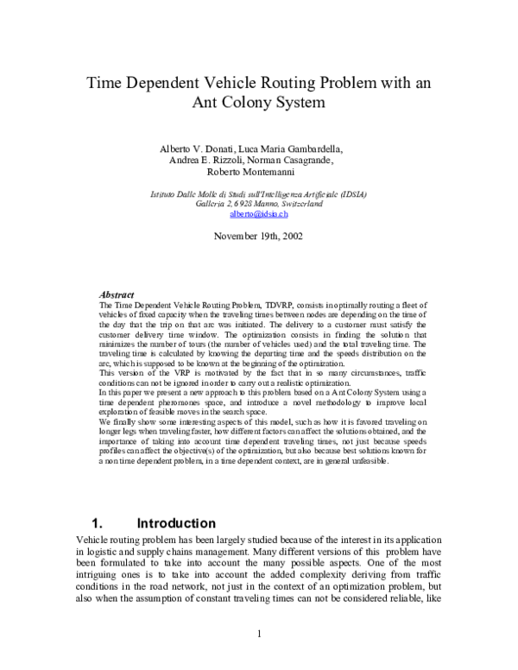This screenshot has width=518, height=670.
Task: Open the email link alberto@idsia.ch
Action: point(259,213)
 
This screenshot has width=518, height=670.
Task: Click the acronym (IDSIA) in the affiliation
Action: point(350,194)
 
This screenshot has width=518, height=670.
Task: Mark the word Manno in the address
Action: point(248,204)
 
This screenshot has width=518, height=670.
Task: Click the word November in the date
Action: point(237,235)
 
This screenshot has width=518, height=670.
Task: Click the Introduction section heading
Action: point(176,523)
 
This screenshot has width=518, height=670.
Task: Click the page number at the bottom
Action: point(259,636)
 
